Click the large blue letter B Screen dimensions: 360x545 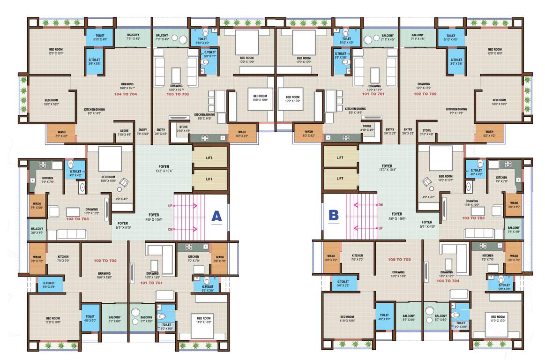(x=334, y=215)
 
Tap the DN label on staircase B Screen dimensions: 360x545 (x=380, y=205)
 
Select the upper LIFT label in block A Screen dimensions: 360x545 (x=209, y=158)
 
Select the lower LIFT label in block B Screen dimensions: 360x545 (x=340, y=179)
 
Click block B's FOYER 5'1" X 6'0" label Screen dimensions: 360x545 (x=426, y=225)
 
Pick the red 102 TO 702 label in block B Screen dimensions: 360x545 (x=426, y=94)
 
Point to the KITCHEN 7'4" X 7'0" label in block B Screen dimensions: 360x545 (x=501, y=180)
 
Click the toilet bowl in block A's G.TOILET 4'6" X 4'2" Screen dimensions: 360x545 (x=70, y=165)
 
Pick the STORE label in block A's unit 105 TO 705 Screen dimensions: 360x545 (x=183, y=127)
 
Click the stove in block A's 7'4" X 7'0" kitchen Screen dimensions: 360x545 (x=43, y=165)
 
